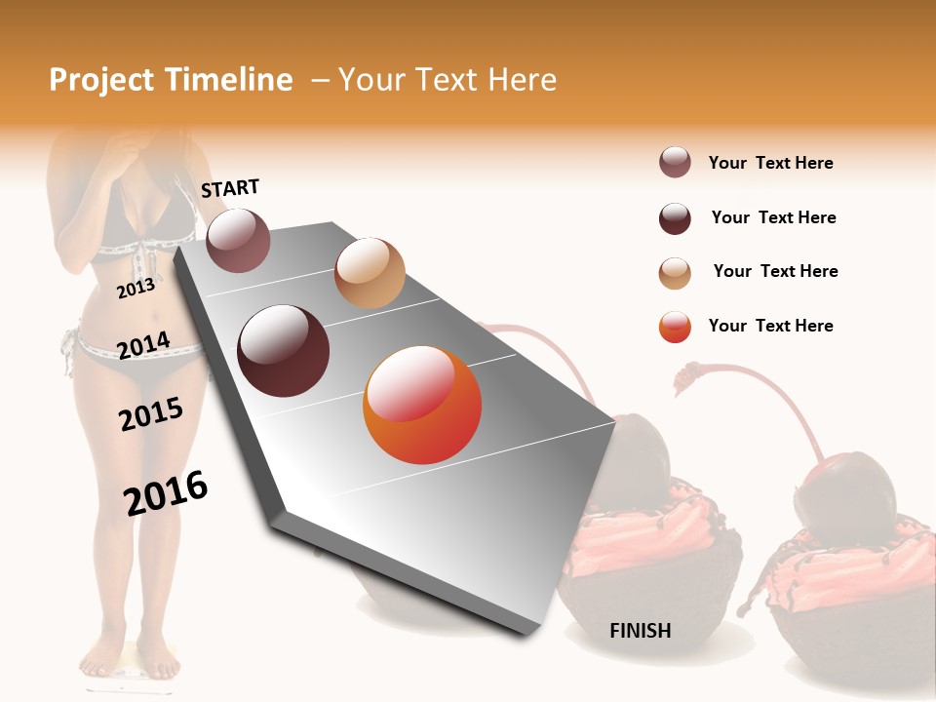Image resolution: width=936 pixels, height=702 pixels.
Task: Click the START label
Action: click(230, 188)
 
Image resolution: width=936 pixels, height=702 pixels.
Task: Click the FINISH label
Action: click(640, 631)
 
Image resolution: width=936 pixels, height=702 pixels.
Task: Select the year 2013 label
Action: click(136, 288)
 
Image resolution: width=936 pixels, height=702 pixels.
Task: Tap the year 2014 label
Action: click(144, 345)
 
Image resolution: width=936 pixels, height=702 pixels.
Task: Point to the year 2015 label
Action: click(151, 414)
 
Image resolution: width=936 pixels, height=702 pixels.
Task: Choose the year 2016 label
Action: click(166, 492)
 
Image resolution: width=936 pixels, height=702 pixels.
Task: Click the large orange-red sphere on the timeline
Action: click(422, 406)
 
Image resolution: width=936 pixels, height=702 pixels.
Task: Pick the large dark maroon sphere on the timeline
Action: click(284, 351)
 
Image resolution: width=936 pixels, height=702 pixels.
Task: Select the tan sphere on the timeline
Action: click(370, 273)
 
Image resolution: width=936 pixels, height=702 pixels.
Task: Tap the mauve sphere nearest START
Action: click(239, 240)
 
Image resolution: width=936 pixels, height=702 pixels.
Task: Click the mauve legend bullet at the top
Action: click(675, 163)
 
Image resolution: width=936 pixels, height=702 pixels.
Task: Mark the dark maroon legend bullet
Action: click(675, 218)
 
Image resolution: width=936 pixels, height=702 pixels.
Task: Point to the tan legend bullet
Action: click(675, 273)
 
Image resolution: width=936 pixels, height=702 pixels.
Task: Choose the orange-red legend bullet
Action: click(675, 327)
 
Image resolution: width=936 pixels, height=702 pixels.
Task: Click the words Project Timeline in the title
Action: click(171, 80)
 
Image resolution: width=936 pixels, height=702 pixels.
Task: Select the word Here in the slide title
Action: click(522, 80)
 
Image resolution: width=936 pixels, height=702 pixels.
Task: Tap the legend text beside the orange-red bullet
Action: click(770, 326)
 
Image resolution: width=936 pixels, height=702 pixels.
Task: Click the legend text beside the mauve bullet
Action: click(770, 163)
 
